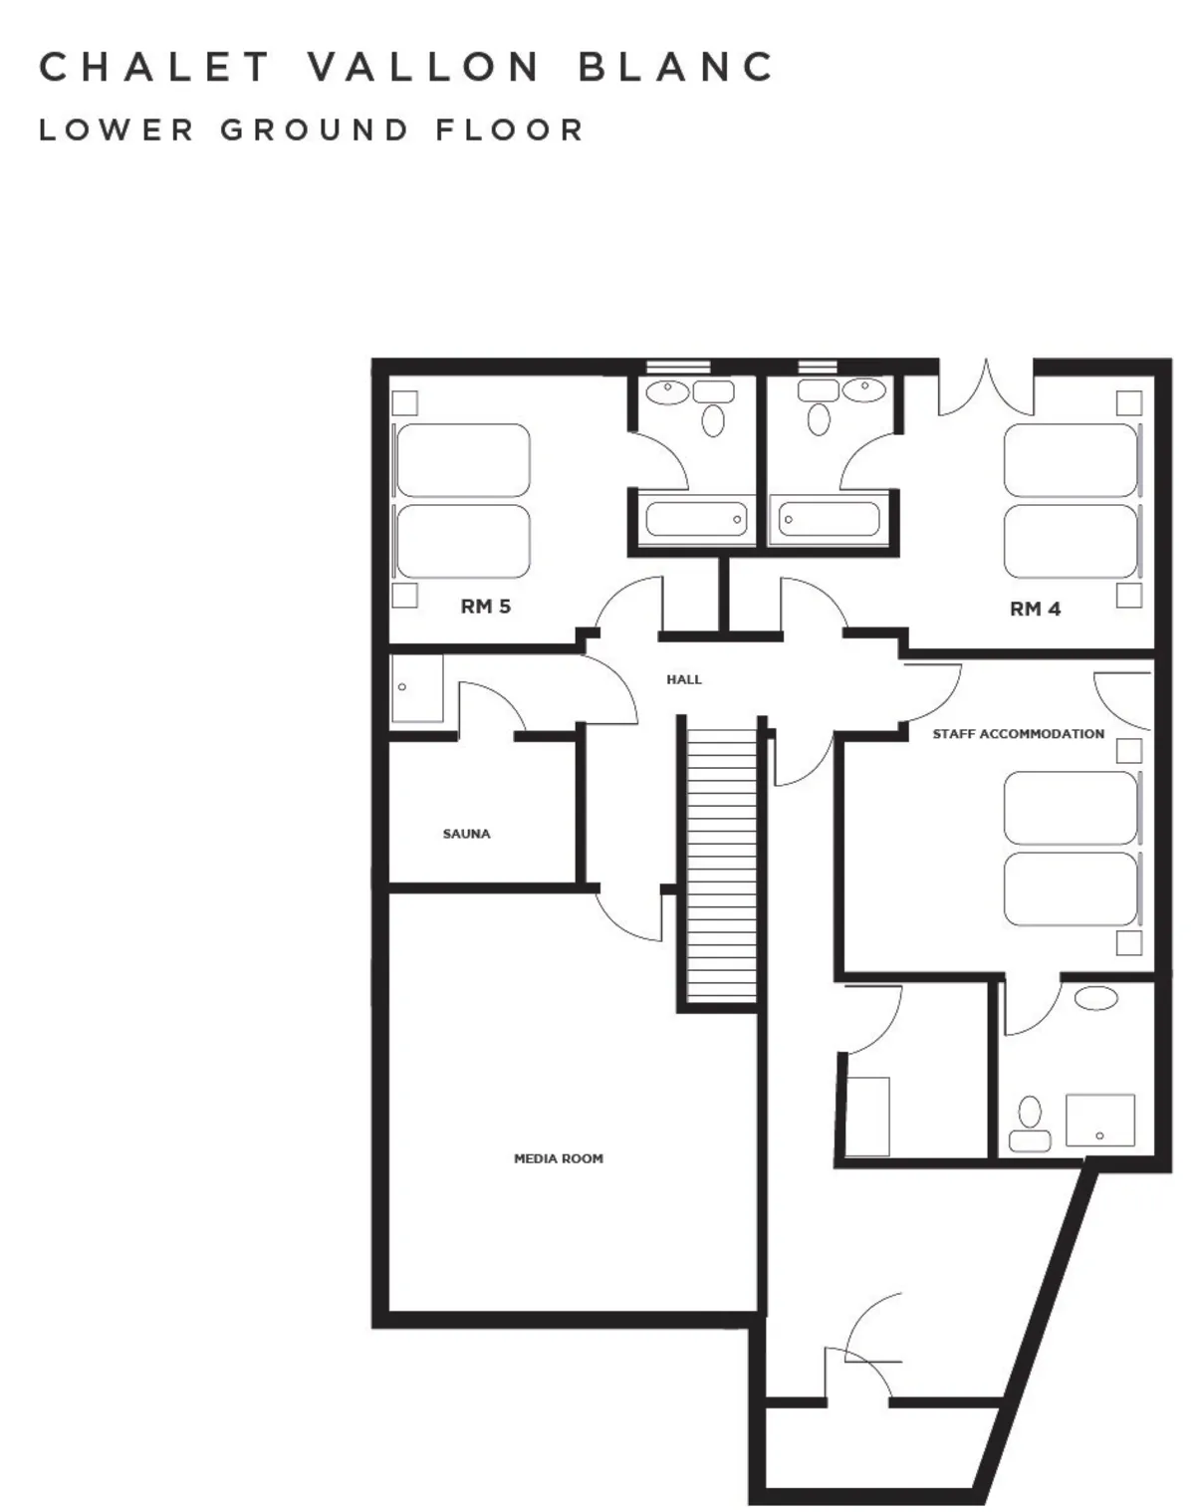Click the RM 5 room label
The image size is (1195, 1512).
[485, 607]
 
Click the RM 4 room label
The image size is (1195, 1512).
[1035, 610]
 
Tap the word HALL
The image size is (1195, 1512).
[683, 679]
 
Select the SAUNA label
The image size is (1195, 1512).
[466, 834]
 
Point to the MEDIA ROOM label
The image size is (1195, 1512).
[559, 1158]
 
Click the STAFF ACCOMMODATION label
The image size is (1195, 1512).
[1018, 734]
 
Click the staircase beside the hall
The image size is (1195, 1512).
[722, 865]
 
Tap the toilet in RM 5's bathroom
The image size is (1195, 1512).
[713, 420]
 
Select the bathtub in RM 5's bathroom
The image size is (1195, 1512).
[697, 519]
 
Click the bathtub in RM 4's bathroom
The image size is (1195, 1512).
[829, 519]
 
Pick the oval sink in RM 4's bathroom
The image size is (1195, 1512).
[864, 389]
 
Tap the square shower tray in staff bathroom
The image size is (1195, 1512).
[1100, 1120]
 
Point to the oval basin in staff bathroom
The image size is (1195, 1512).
[1096, 998]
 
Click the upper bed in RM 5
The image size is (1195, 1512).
[463, 460]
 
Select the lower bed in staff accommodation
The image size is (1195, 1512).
[1071, 888]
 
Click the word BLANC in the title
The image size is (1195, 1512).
[676, 67]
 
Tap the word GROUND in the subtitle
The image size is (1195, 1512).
[314, 129]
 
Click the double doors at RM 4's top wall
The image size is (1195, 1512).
[986, 386]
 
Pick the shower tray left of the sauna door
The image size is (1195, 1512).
[417, 688]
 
